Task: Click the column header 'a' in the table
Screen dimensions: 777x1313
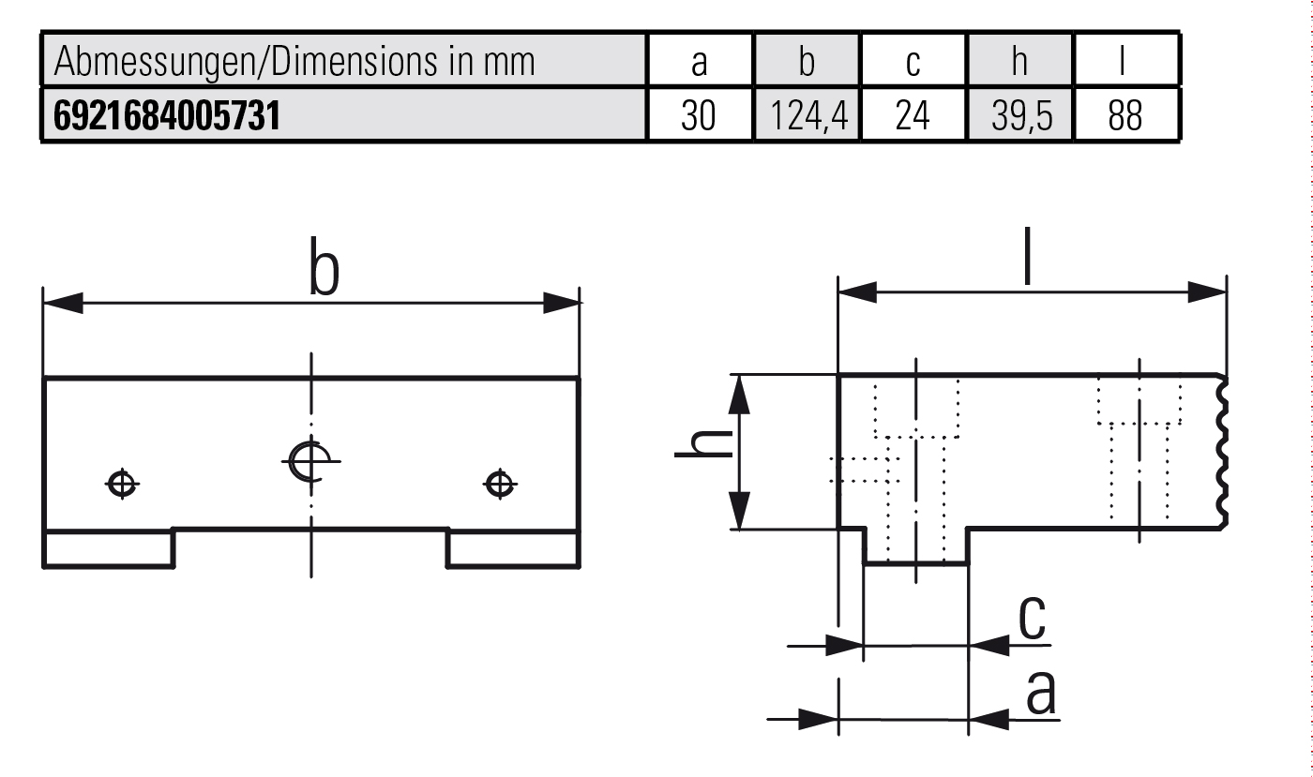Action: click(x=699, y=62)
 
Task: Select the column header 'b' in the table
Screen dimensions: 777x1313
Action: click(x=807, y=62)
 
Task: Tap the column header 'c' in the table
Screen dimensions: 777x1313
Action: click(x=913, y=62)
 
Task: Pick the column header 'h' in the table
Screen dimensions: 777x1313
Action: click(x=1019, y=62)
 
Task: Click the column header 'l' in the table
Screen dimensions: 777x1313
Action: click(x=1124, y=62)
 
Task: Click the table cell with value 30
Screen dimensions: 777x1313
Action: click(x=699, y=115)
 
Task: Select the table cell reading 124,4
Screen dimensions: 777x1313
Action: click(x=807, y=115)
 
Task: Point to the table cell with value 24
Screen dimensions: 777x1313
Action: click(x=913, y=115)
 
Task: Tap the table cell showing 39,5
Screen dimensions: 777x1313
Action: click(x=1020, y=115)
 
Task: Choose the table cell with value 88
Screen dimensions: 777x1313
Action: click(x=1124, y=115)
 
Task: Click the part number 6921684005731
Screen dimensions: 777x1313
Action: click(x=167, y=115)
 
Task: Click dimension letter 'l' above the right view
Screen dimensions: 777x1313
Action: click(x=1029, y=258)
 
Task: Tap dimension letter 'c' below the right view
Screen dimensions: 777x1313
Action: click(x=1033, y=618)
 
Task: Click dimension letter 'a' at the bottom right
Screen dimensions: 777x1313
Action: click(x=1041, y=694)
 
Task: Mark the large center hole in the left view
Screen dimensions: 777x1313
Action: click(x=310, y=459)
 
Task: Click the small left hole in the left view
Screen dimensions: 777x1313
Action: click(x=122, y=484)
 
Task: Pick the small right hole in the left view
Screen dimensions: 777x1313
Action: click(x=499, y=484)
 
